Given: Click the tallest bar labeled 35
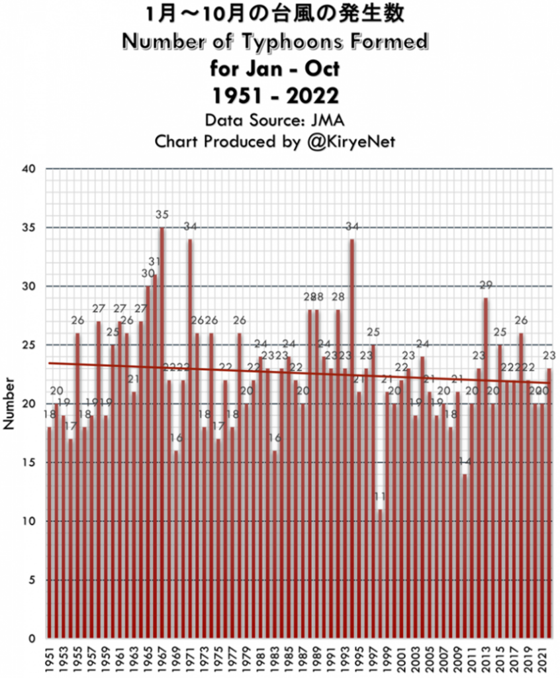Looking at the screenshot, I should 162,430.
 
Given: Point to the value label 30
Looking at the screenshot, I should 148,273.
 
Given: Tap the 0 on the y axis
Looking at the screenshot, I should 30,639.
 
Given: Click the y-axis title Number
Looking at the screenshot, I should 9,405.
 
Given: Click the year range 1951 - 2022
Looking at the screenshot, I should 275,95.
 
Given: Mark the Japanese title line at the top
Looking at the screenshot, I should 275,15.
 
